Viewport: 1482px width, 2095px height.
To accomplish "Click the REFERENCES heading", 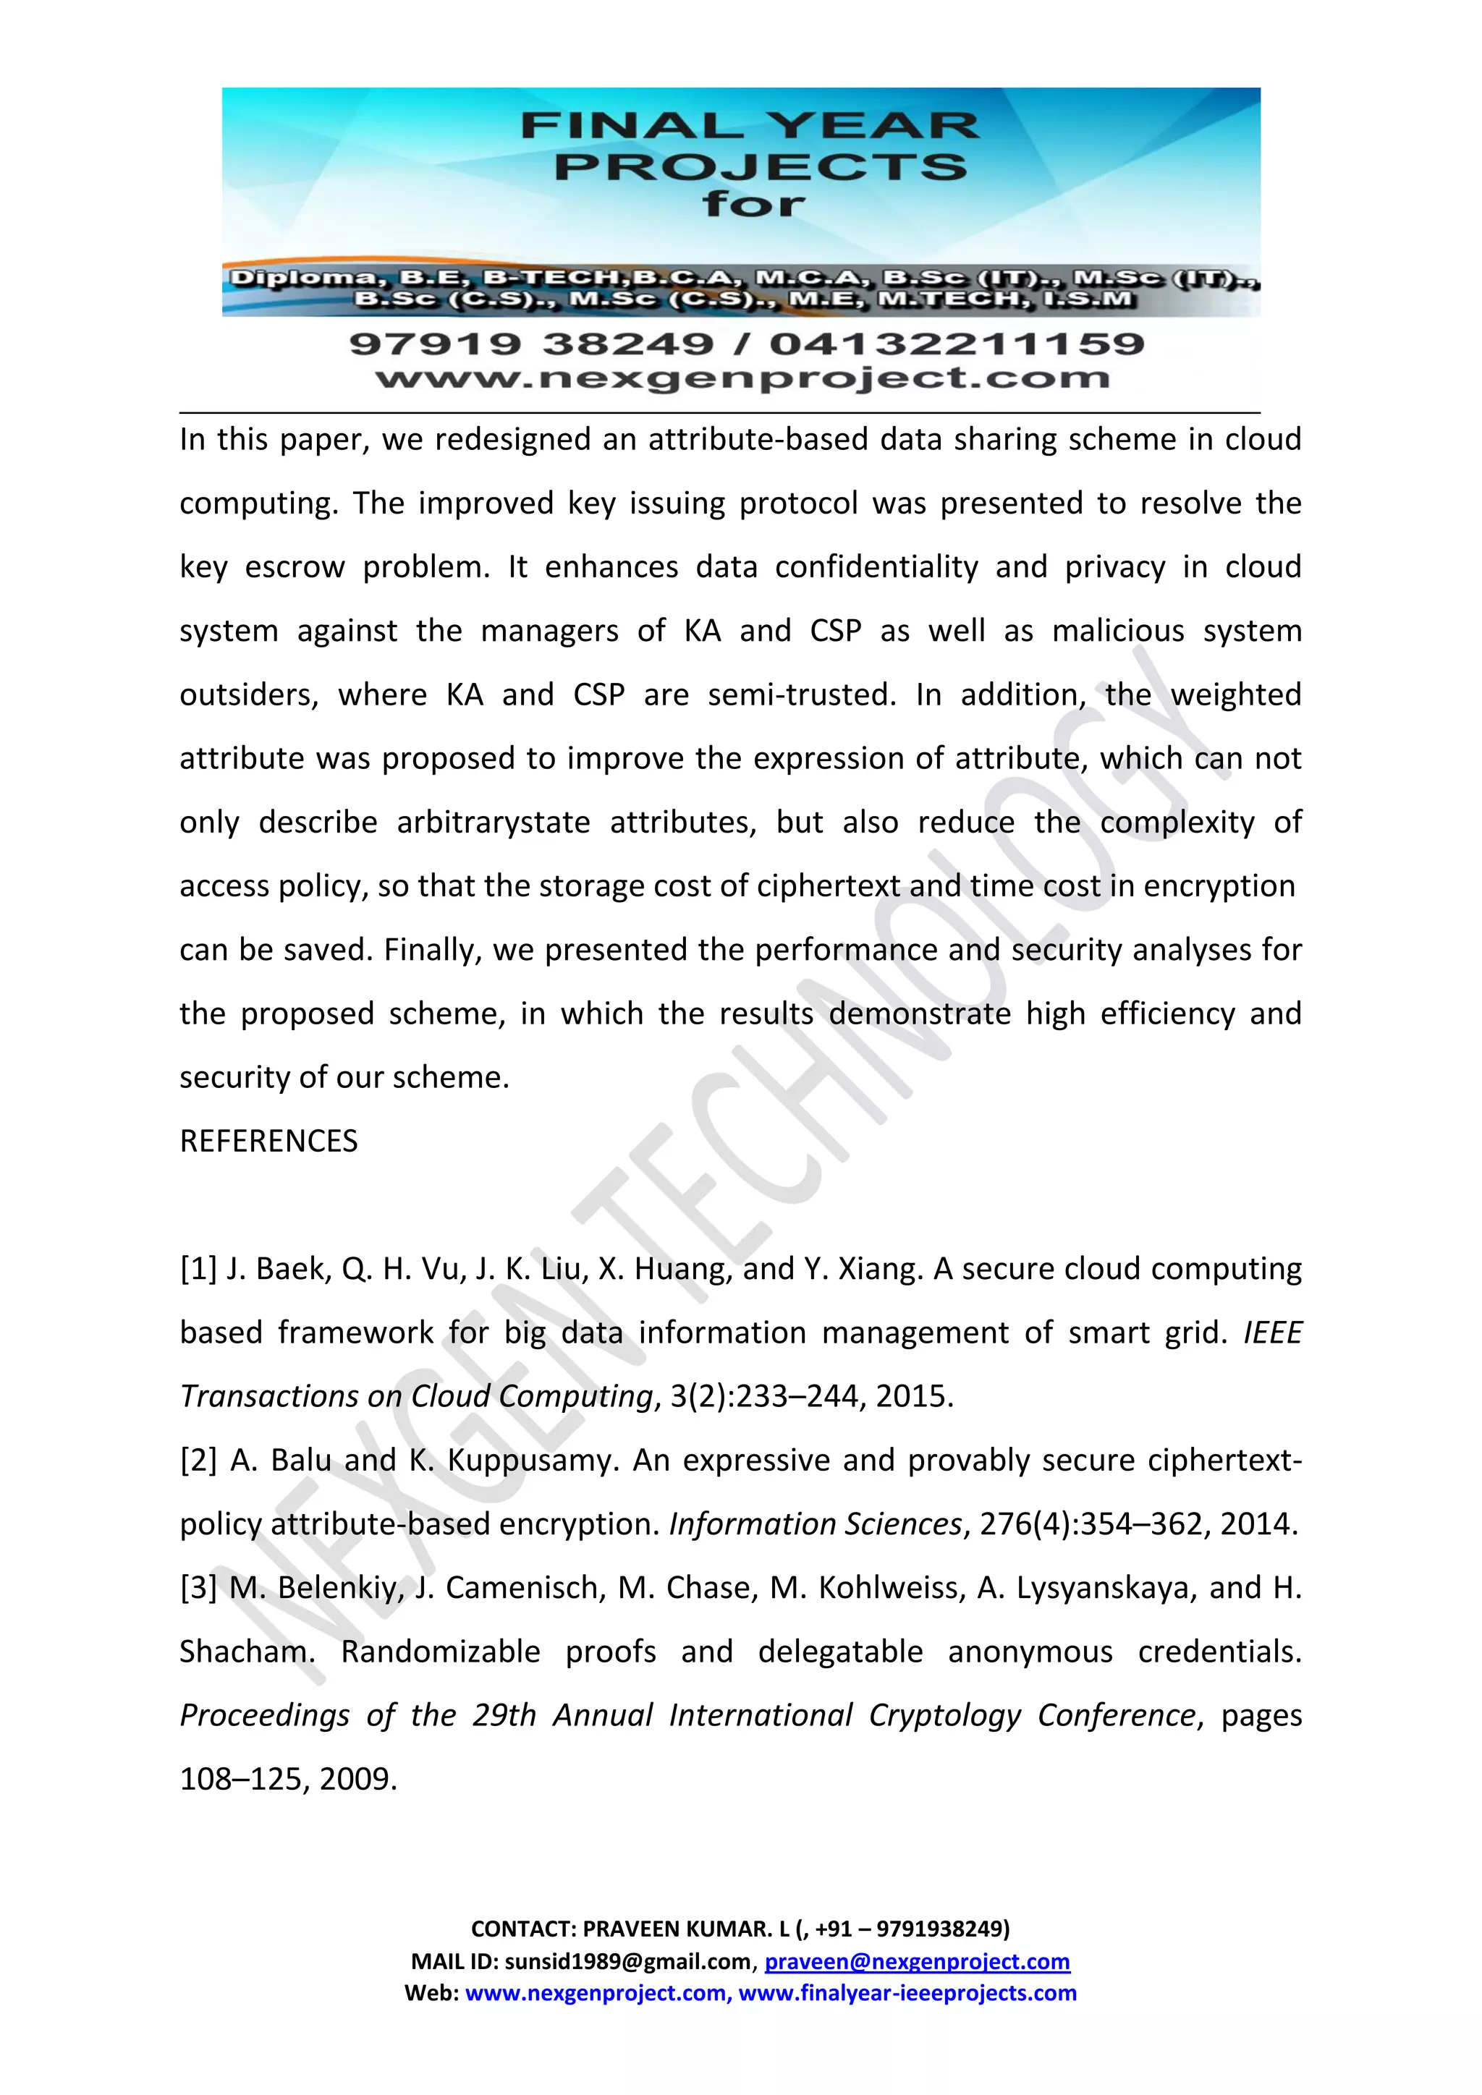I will [x=268, y=1142].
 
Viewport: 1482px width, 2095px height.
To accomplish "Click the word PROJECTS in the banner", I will [x=759, y=168].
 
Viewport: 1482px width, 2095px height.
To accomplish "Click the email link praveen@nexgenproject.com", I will [x=916, y=1962].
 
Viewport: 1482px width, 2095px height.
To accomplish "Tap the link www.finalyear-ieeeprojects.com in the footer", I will [x=907, y=1993].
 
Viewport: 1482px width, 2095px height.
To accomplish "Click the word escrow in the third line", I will [x=295, y=566].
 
